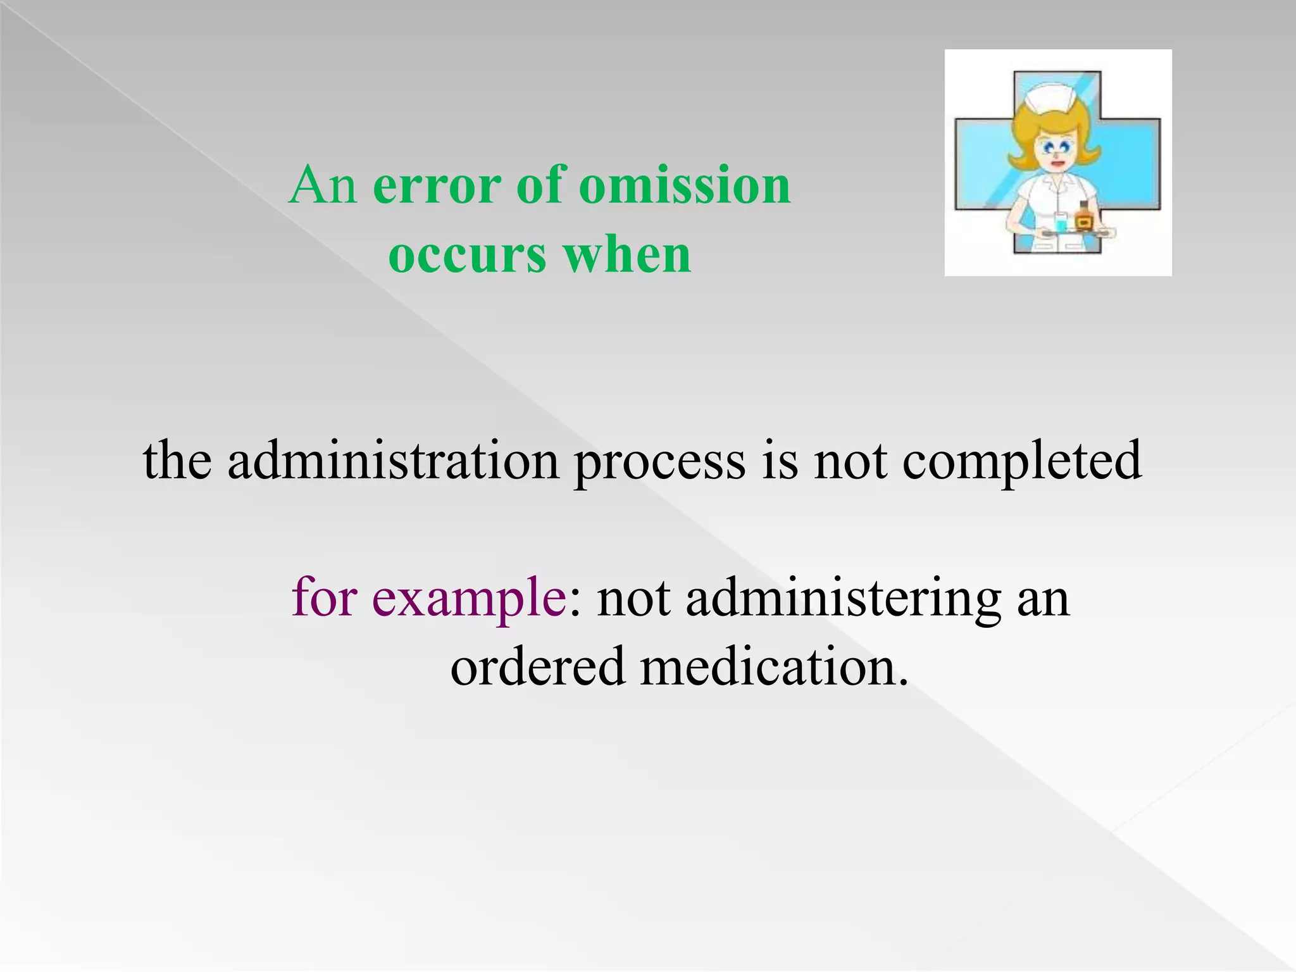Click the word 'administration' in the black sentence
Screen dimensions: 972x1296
tap(393, 461)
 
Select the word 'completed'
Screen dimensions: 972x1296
tap(1022, 461)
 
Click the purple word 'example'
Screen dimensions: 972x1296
tap(469, 598)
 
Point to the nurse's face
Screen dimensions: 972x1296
tap(1054, 152)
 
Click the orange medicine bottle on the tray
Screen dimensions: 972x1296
tap(1084, 218)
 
